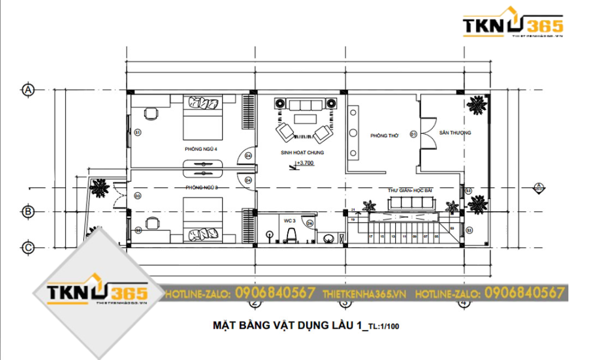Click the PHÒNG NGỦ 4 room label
[x=201, y=148]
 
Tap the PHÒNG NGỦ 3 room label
[x=202, y=188]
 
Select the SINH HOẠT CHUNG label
[x=302, y=153]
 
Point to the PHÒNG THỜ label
[x=384, y=136]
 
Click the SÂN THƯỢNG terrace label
[x=455, y=133]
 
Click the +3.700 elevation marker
[x=305, y=163]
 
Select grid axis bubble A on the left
[x=28, y=90]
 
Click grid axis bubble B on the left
[x=28, y=212]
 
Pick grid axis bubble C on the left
[x=28, y=247]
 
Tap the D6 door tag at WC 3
[x=310, y=223]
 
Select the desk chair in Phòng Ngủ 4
[x=151, y=112]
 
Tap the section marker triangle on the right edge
[x=539, y=187]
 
